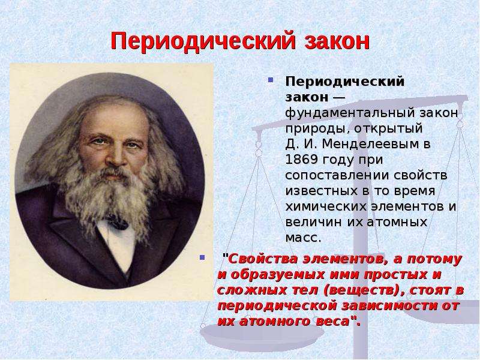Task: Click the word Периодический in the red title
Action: tap(203, 41)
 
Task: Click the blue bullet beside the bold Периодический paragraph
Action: tap(271, 80)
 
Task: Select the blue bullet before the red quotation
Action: tap(202, 257)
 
